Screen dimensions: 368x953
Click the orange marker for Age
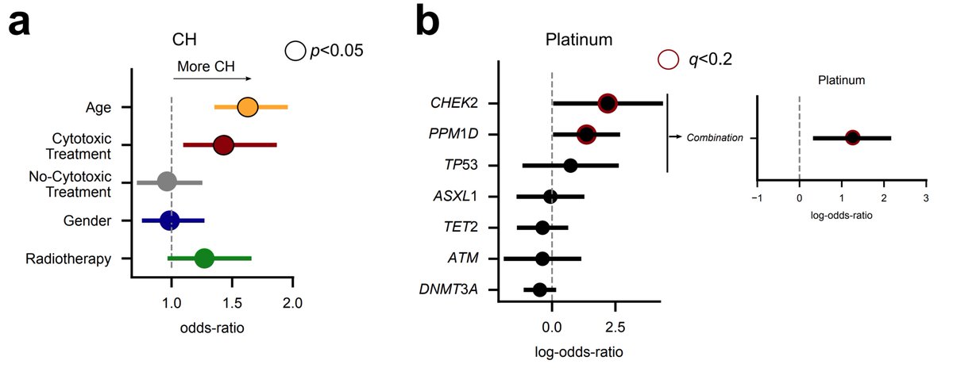point(247,107)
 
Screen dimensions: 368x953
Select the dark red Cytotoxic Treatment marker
point(223,145)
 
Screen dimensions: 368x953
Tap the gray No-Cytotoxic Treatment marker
point(166,182)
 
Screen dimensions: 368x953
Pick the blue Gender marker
point(169,220)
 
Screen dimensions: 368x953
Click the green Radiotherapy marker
point(204,259)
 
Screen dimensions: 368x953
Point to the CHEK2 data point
point(608,103)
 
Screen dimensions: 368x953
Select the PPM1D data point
point(586,134)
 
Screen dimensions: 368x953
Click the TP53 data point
point(570,165)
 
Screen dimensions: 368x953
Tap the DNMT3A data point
point(540,289)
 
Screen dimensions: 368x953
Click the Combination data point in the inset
point(852,138)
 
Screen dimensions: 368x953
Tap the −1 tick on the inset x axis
point(757,198)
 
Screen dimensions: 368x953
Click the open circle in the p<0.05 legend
point(295,52)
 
